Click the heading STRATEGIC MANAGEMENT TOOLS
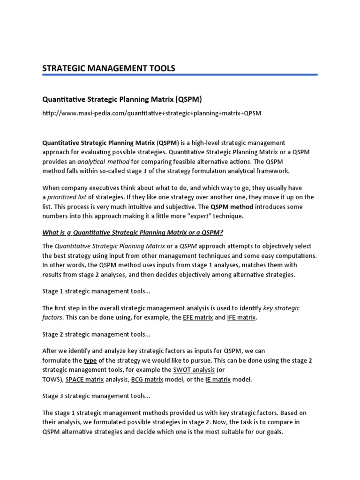[x=109, y=68]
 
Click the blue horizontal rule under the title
[x=180, y=74]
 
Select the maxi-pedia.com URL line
[x=152, y=113]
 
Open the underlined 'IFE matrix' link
[x=241, y=317]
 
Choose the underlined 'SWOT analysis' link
[x=193, y=370]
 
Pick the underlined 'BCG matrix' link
[x=147, y=379]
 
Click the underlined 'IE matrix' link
[x=218, y=379]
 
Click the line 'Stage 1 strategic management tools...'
[x=96, y=291]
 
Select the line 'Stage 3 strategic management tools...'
[x=96, y=396]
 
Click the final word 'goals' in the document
[x=274, y=432]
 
